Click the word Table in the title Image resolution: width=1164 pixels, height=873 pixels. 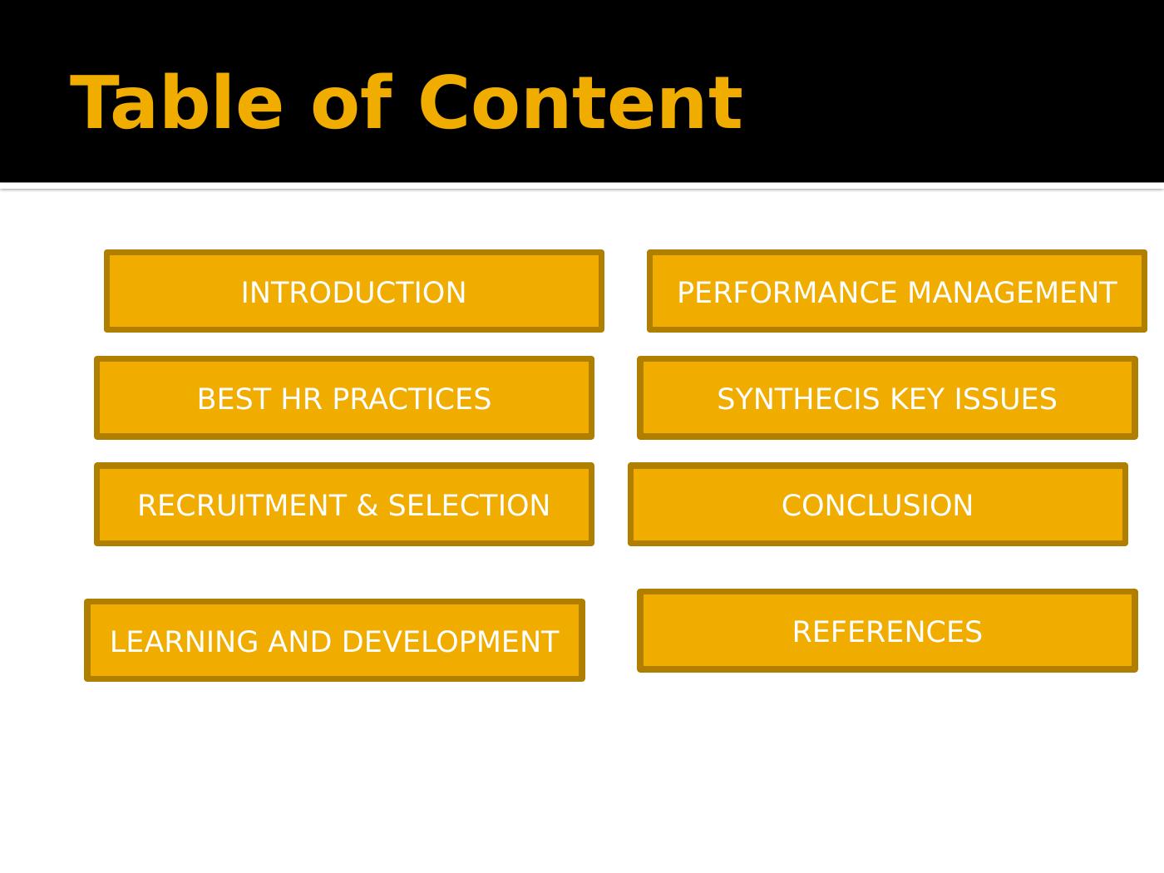coord(175,103)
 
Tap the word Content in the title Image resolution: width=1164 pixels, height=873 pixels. coord(580,103)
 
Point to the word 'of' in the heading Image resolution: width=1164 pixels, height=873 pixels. coord(352,103)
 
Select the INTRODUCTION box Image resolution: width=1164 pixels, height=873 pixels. coord(353,291)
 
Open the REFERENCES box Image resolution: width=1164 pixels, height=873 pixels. coord(887,631)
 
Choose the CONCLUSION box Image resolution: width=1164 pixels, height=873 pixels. coord(878,504)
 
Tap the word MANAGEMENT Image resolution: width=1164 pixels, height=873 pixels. coord(1013,293)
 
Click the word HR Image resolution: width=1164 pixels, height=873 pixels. coord(301,399)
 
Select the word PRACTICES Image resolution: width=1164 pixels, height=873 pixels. coord(411,399)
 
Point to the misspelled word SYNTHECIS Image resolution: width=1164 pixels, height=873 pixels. coord(798,399)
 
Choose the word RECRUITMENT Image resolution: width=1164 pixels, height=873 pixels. coord(242,506)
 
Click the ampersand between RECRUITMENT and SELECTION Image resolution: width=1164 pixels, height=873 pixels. coord(367,506)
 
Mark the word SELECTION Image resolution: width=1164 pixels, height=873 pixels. coord(469,506)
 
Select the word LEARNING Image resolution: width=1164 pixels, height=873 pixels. coord(184,642)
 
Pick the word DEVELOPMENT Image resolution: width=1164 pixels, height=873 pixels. coord(450,642)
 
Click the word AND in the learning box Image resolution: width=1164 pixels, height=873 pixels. coord(299,642)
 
